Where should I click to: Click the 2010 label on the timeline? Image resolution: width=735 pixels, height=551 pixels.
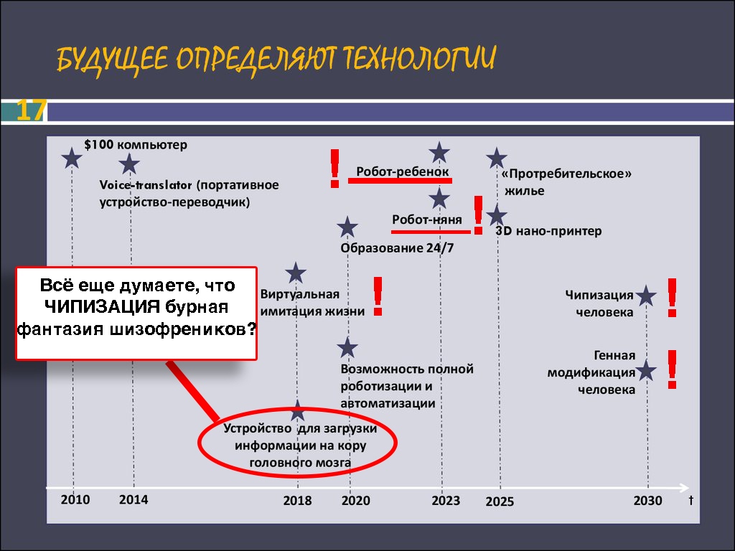point(75,499)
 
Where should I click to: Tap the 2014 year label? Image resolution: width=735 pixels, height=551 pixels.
point(134,499)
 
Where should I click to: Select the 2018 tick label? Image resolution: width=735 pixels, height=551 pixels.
point(297,500)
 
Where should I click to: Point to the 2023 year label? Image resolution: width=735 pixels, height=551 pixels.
point(446,500)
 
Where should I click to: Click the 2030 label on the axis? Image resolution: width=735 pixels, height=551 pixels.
point(648,500)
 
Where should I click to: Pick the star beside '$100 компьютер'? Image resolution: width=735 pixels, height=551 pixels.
point(72,158)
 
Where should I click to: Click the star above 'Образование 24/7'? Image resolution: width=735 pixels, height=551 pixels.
point(347,227)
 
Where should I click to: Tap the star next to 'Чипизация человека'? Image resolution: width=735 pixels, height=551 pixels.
point(646,296)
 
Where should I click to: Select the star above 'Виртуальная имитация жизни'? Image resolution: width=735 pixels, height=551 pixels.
point(296,273)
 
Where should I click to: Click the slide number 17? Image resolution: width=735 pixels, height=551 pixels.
point(31,110)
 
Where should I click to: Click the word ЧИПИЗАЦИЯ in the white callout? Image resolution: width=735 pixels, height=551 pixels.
point(102,307)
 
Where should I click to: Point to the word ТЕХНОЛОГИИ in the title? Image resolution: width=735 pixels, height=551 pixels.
point(418,59)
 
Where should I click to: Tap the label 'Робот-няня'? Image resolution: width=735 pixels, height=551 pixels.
point(426,220)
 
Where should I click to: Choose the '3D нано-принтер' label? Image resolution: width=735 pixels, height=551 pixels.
point(548,230)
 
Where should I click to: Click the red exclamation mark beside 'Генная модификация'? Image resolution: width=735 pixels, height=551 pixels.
point(672,369)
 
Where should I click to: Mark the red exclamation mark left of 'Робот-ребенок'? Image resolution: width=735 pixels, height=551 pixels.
point(334,169)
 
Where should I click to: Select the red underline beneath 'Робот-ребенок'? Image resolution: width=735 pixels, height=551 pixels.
point(400,180)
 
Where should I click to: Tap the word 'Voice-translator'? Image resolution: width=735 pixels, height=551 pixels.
point(146,185)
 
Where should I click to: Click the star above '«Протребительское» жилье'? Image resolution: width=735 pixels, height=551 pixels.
point(497,158)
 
